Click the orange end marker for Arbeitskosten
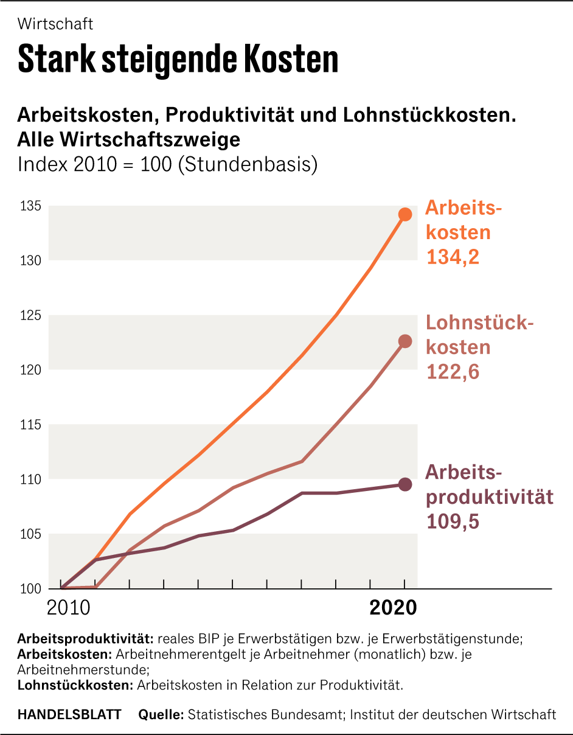pos(405,214)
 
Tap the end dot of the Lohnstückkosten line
pos(405,341)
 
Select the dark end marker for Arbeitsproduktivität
pos(405,484)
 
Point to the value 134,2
pos(453,257)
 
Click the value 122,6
pos(453,371)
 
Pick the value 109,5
pos(453,521)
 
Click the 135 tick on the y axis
pos(30,206)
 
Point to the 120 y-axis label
pos(30,369)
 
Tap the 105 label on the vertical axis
pos(30,534)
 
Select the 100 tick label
pos(30,588)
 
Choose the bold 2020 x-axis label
pos(394,608)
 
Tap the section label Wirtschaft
pos(55,24)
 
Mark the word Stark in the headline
pos(54,59)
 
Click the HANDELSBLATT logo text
pos(69,714)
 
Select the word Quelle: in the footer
pos(161,714)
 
